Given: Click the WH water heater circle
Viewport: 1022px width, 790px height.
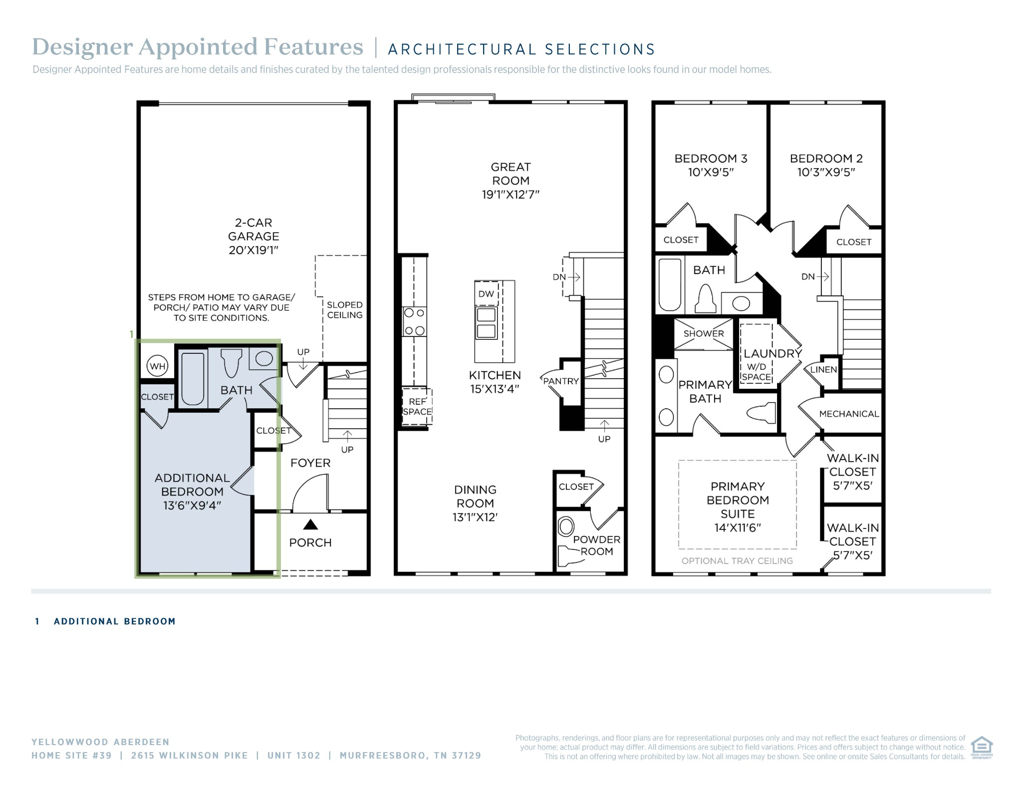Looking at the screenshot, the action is click(x=158, y=366).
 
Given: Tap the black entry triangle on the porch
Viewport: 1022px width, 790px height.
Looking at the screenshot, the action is click(x=310, y=524).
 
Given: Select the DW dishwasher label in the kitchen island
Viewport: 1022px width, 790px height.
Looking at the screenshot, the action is click(x=486, y=294).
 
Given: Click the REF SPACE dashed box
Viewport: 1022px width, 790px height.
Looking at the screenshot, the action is click(x=417, y=406).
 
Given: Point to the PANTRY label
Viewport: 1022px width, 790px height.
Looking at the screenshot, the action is click(x=561, y=381).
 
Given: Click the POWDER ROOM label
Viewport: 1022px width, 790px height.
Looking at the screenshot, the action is click(x=597, y=545).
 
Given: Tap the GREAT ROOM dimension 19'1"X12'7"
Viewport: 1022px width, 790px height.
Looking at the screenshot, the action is click(x=511, y=195).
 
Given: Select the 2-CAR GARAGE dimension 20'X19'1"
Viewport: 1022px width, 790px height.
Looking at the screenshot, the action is click(x=254, y=250).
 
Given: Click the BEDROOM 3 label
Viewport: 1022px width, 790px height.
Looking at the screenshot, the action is click(x=711, y=159).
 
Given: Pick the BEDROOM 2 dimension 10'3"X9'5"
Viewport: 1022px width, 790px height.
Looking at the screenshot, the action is click(x=826, y=173).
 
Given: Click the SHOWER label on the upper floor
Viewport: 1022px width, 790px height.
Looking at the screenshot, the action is click(x=704, y=333).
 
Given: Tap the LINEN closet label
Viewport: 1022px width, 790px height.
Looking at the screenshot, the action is click(x=823, y=370).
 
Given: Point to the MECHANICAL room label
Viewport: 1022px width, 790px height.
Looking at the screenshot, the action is click(x=849, y=414).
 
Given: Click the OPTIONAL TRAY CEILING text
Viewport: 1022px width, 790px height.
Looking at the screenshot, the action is click(x=737, y=561).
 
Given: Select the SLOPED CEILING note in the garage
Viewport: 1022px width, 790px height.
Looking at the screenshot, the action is click(x=345, y=310).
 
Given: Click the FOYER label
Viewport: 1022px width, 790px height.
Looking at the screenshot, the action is click(x=310, y=463).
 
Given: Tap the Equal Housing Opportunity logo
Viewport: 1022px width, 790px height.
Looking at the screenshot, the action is click(x=982, y=747).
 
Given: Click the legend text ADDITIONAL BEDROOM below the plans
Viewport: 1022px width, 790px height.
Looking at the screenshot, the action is click(x=115, y=621).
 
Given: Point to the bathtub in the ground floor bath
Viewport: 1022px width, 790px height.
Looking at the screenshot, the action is click(x=193, y=379).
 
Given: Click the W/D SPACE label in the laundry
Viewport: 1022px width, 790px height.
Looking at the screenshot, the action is click(x=757, y=372).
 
